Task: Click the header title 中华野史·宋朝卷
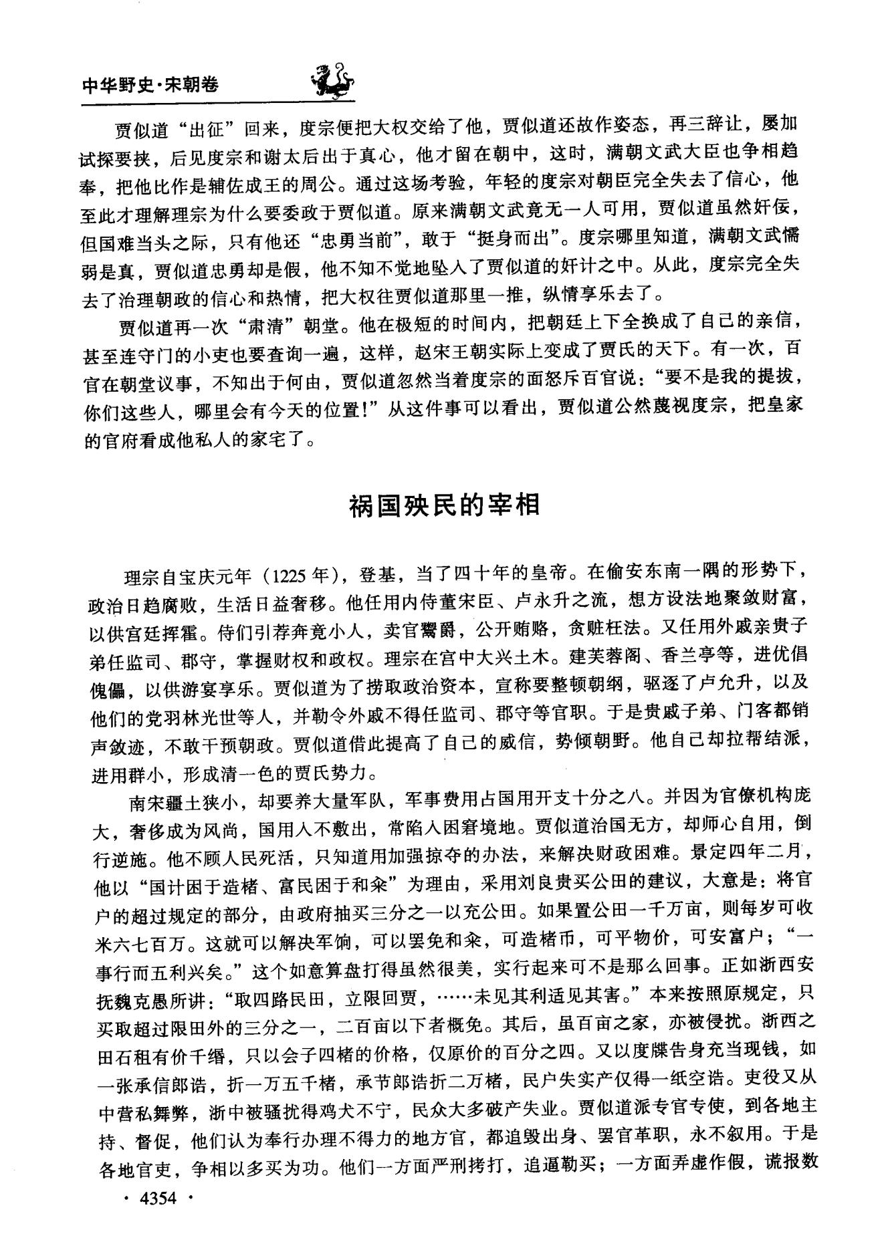point(150,85)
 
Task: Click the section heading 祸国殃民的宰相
point(444,505)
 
